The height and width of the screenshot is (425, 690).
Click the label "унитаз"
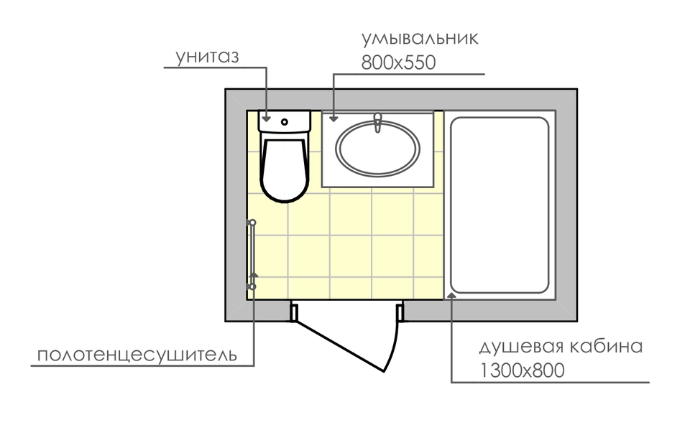[207, 57]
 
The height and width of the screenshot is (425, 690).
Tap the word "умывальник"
[420, 39]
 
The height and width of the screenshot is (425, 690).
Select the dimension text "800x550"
[398, 62]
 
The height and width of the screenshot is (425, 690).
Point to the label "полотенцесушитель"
[137, 355]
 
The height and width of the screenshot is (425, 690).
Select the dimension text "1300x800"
[522, 370]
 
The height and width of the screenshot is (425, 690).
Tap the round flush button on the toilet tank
[285, 122]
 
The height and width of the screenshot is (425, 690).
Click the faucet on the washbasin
[377, 123]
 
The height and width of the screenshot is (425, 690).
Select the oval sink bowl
[377, 149]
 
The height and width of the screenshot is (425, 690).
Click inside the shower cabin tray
[500, 205]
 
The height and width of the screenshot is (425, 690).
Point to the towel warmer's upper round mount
[252, 223]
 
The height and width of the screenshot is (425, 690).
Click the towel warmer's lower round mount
[252, 286]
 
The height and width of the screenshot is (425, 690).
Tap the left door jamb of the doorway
[294, 312]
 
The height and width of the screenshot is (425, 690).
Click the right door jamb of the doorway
[400, 312]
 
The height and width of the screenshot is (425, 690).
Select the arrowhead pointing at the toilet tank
[266, 118]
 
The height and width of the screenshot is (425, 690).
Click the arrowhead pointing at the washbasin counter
[333, 118]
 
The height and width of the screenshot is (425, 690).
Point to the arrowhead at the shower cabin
[452, 295]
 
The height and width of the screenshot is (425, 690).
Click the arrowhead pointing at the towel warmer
[254, 275]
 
